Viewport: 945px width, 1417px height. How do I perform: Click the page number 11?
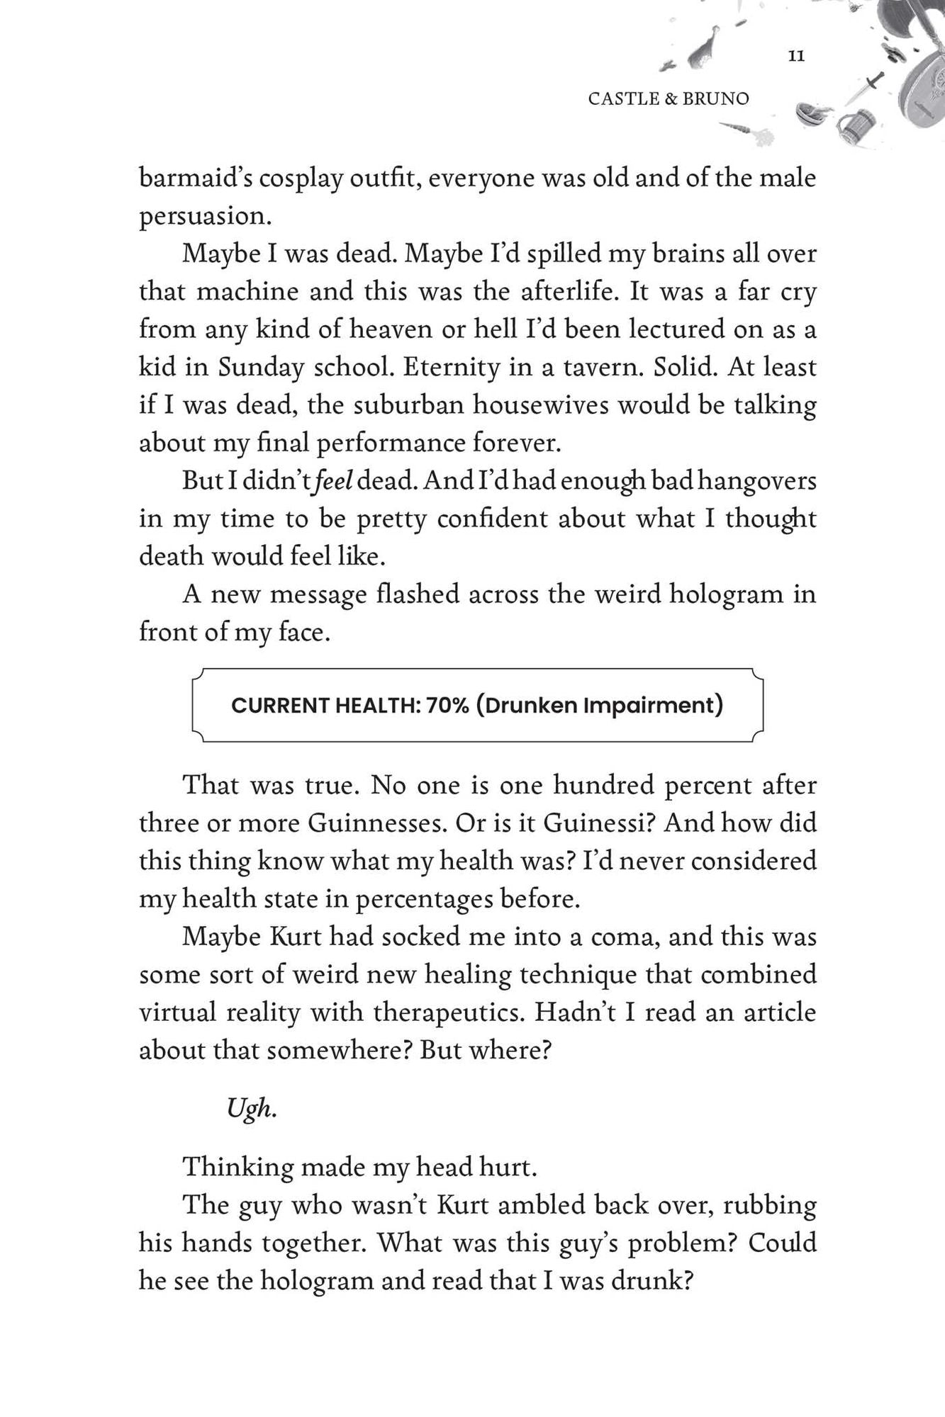(796, 56)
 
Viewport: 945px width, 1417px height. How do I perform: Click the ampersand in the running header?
(671, 98)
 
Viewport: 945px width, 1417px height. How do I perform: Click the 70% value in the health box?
(448, 706)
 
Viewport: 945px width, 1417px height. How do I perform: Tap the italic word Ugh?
(251, 1108)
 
